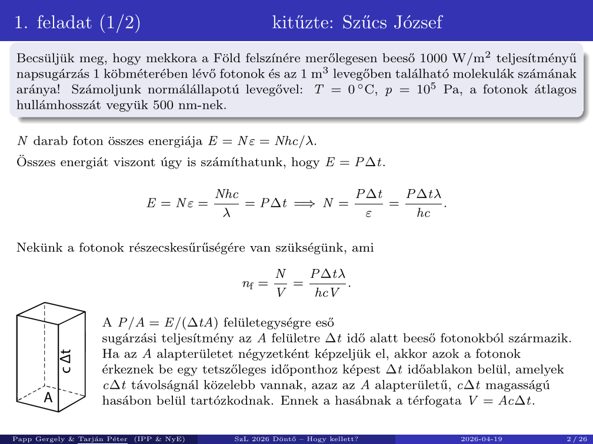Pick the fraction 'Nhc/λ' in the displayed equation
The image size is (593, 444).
click(x=226, y=203)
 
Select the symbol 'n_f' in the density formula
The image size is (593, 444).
click(x=248, y=285)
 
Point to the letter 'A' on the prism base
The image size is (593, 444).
click(x=49, y=398)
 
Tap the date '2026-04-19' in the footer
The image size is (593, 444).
click(x=481, y=439)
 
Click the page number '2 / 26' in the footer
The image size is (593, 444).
click(x=575, y=439)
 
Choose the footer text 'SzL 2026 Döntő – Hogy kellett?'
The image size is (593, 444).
click(x=296, y=439)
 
